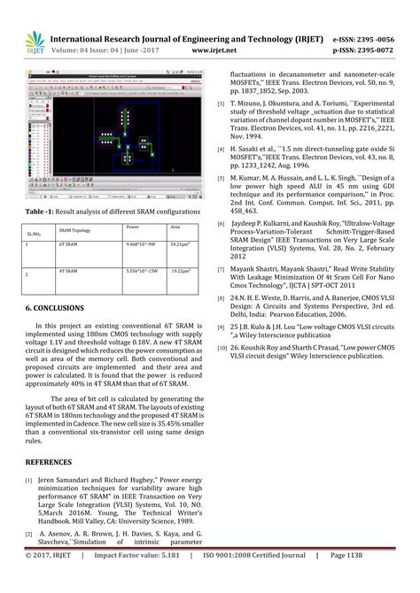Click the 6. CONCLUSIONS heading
pos(55,308)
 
